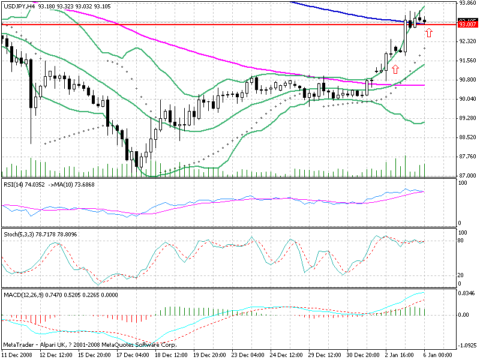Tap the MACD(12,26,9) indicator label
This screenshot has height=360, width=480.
point(23,296)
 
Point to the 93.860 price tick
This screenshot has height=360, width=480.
point(467,3)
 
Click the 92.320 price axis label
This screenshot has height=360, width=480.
point(467,41)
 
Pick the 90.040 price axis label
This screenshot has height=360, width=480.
point(467,99)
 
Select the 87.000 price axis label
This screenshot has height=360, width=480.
point(467,176)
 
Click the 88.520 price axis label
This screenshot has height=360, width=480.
point(467,137)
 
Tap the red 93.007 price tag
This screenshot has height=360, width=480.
point(467,25)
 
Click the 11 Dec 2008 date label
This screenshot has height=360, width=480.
point(17,355)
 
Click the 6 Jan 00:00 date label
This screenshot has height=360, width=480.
point(437,355)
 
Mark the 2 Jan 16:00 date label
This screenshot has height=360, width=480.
point(401,355)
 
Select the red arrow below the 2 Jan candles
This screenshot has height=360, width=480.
point(395,69)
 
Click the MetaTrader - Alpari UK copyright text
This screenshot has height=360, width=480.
point(90,346)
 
